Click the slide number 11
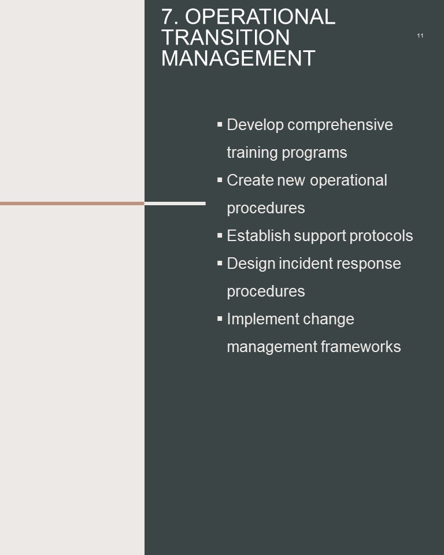tap(420, 36)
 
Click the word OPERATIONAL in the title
tap(260, 17)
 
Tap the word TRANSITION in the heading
tap(225, 38)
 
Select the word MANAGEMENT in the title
tap(238, 58)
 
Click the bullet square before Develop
tap(220, 124)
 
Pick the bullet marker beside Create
tap(220, 180)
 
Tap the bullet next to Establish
tap(220, 235)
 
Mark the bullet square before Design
tap(220, 263)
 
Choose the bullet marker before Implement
tap(220, 319)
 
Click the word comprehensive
tap(340, 125)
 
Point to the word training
tap(252, 153)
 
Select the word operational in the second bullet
tap(349, 181)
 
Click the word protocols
tap(381, 236)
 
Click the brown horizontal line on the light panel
tap(72, 203)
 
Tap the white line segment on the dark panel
tap(175, 203)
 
